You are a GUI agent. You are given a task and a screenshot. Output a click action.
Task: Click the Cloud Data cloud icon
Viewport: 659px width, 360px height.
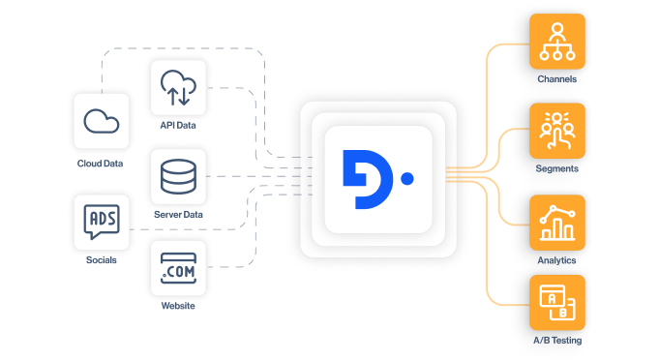(101, 121)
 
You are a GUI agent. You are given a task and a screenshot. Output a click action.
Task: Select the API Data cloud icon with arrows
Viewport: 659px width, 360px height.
(178, 88)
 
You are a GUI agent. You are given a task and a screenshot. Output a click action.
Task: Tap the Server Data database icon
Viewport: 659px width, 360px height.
(178, 177)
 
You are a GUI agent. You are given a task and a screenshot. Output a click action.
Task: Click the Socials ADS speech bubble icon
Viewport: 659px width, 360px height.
(101, 223)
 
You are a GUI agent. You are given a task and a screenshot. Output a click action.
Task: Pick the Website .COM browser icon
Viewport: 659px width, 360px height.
(178, 268)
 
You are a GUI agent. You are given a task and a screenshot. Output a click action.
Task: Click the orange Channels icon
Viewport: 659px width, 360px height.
(556, 42)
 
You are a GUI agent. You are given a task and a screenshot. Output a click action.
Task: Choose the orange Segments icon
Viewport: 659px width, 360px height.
(556, 132)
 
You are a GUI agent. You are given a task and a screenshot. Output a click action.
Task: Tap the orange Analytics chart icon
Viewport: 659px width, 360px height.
(556, 223)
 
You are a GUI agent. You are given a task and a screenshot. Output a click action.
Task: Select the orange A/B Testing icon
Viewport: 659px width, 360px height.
(556, 304)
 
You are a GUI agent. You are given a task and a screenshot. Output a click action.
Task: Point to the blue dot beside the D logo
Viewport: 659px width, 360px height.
(406, 179)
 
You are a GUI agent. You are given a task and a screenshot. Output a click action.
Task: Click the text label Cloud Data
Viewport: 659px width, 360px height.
(101, 164)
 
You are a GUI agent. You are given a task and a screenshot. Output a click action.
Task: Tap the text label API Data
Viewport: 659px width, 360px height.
(178, 126)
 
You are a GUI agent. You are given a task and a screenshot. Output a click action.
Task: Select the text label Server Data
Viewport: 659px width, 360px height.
(178, 214)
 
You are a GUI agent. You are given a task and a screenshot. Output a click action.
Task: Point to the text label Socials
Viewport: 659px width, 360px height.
(101, 259)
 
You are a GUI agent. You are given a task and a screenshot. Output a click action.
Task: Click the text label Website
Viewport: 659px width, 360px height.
(178, 306)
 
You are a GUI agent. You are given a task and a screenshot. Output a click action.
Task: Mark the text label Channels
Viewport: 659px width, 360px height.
(556, 78)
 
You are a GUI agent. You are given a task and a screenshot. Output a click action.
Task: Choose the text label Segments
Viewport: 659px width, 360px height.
(556, 168)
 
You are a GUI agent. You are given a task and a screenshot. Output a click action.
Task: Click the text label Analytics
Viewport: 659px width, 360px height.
(556, 259)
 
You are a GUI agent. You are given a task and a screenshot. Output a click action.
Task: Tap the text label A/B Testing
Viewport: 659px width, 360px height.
(556, 341)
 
